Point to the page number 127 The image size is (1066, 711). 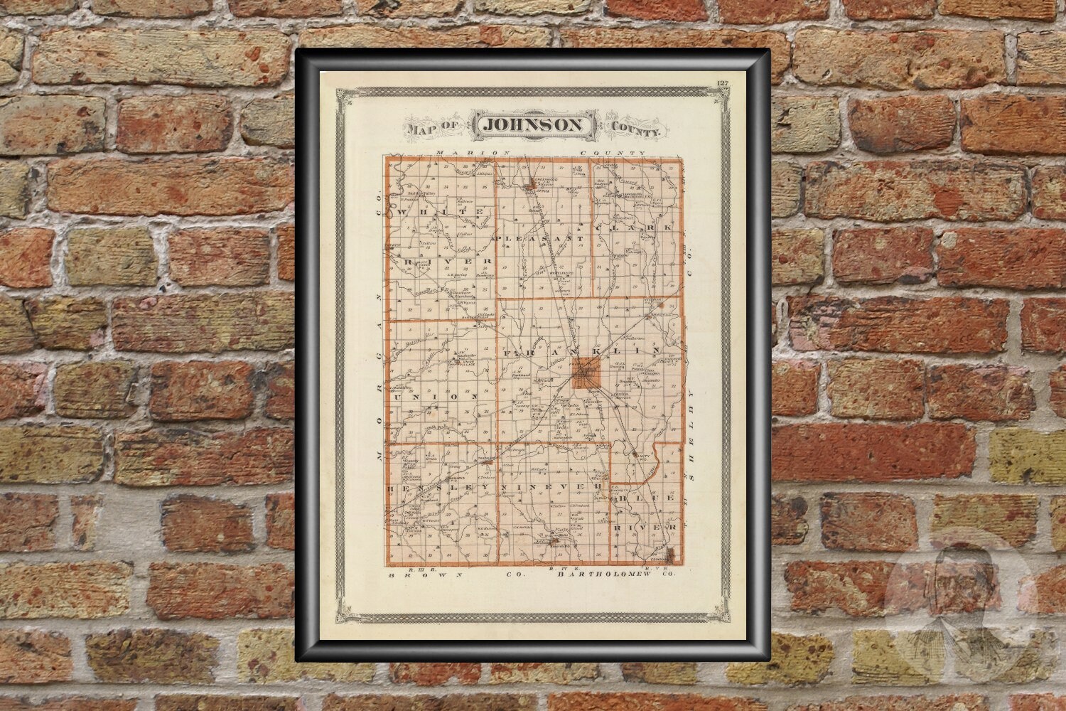pyautogui.click(x=723, y=86)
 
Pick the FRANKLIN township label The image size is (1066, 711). pyautogui.click(x=583, y=351)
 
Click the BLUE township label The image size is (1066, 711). pyautogui.click(x=642, y=500)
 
